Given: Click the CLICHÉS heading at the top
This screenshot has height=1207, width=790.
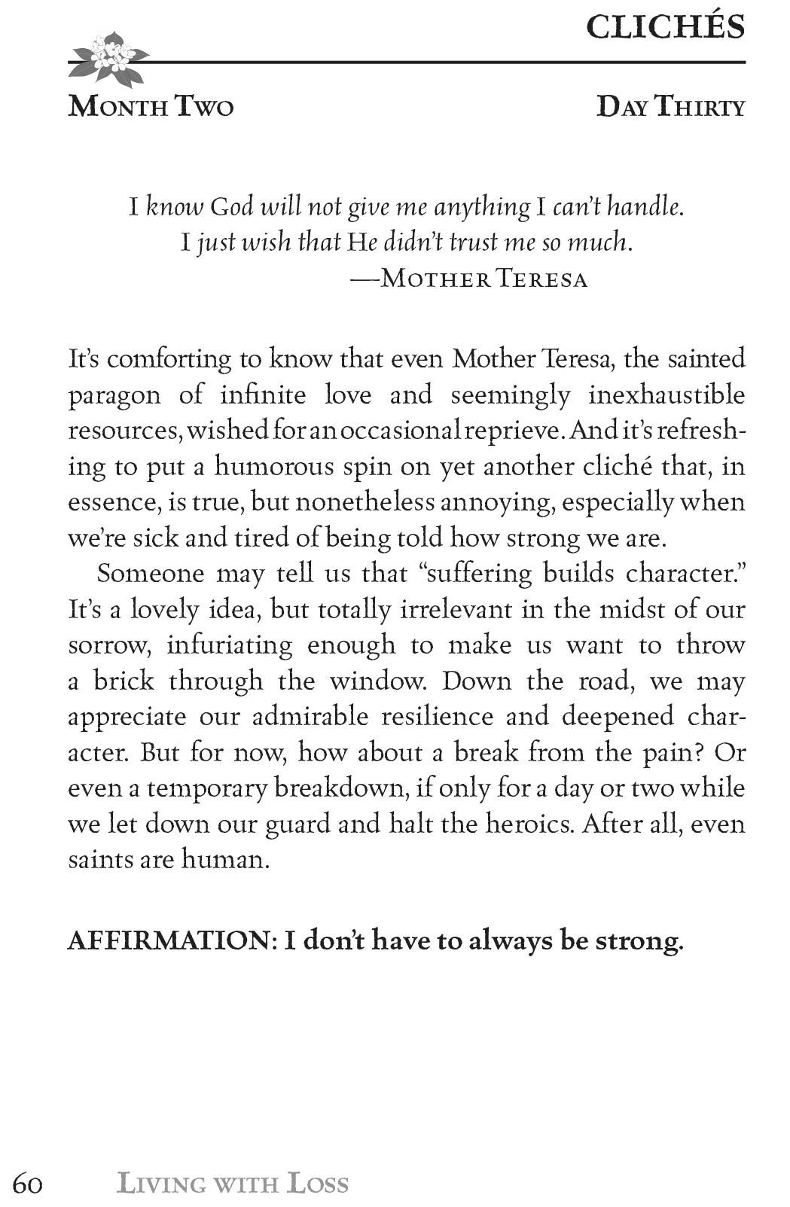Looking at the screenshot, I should click(665, 28).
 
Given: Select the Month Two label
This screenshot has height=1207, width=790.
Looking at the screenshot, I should click(151, 107).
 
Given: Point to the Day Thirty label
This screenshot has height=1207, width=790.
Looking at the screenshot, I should click(670, 107).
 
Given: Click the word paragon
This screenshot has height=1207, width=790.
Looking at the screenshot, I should click(114, 396).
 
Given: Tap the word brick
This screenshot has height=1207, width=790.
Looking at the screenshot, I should click(123, 681).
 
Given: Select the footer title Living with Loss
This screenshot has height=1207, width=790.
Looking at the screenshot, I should click(233, 1184).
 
